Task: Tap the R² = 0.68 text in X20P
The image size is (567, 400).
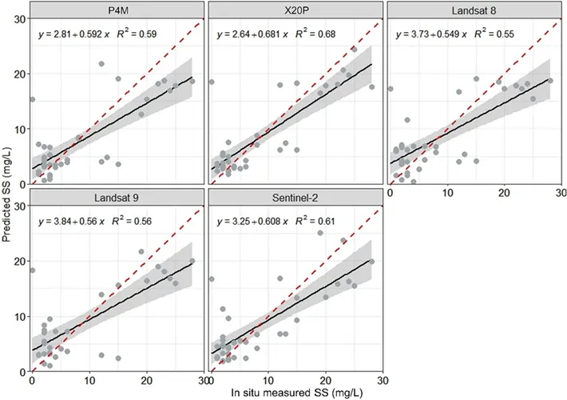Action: coord(315,34)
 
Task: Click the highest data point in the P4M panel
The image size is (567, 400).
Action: coord(101,64)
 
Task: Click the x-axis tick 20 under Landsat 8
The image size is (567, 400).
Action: coord(504,193)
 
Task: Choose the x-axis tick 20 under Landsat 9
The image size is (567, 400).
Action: coord(146,380)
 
